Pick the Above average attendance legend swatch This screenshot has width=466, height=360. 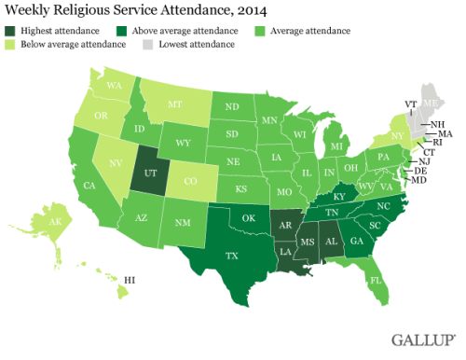(116, 32)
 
